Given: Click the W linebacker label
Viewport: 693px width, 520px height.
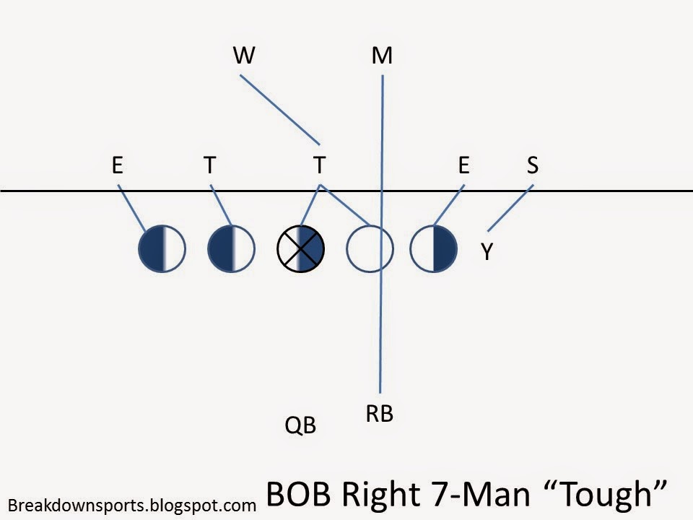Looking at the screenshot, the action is tap(244, 56).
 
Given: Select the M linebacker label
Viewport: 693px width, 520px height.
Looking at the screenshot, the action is tap(382, 56).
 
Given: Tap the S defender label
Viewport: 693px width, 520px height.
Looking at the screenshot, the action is tap(532, 165).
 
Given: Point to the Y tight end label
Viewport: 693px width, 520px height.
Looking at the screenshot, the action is tap(487, 252).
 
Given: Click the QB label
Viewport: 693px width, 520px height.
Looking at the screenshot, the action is tap(300, 426).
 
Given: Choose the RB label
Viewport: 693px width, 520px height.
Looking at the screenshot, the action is tap(379, 414).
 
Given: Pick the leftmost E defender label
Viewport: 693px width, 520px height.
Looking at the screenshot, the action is tap(117, 165).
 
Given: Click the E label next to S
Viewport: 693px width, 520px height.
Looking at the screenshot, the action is tap(463, 165).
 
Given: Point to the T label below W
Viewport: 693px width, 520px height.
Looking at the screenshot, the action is tap(319, 165).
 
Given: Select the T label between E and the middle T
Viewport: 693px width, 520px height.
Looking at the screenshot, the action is tap(209, 165).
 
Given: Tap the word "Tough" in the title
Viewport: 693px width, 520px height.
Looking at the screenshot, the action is tap(612, 493).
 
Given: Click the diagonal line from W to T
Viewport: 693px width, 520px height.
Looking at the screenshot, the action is tap(279, 109).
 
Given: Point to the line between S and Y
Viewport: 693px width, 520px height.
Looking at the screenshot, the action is tap(511, 208).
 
